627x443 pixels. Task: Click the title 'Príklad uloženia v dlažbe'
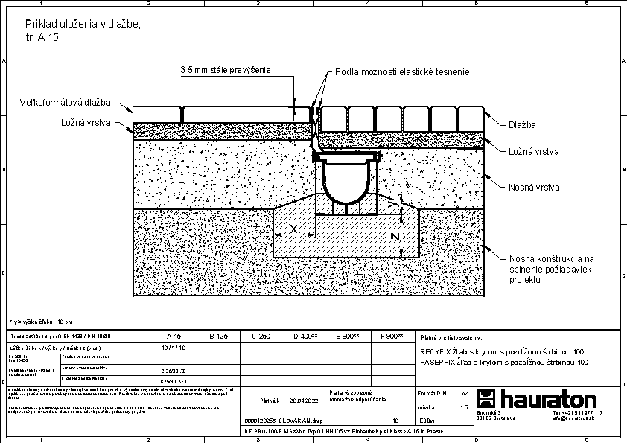[82, 25]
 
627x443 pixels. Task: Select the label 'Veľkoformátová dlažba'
[65, 102]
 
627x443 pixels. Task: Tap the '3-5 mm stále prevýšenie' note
[225, 70]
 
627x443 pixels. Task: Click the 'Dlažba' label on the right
[522, 125]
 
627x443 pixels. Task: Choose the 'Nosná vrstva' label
[533, 188]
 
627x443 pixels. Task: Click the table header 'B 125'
[217, 337]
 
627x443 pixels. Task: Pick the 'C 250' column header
[261, 337]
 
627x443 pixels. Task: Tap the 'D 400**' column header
[305, 337]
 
